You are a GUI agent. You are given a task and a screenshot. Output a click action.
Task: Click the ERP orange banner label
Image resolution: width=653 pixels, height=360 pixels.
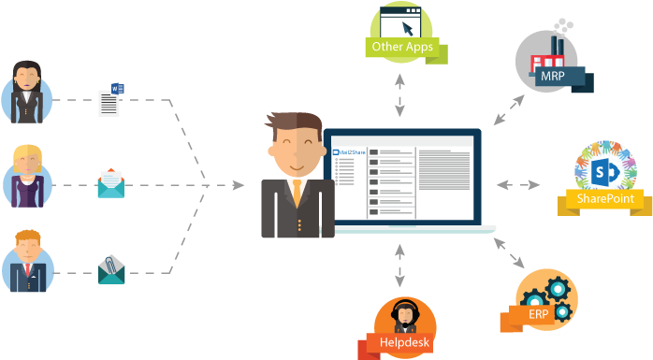538,314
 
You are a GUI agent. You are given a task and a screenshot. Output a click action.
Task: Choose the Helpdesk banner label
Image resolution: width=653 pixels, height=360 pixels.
404,343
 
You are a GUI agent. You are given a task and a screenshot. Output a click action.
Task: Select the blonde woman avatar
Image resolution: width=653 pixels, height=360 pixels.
26,174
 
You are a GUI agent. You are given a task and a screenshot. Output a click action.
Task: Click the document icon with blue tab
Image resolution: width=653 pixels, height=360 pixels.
110,101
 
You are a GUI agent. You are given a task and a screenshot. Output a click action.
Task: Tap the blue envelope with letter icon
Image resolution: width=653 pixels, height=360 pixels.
110,183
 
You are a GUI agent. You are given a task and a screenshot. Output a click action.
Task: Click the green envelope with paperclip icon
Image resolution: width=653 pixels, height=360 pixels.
110,269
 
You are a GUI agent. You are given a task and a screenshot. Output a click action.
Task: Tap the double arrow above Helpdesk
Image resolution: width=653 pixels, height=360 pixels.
400,265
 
